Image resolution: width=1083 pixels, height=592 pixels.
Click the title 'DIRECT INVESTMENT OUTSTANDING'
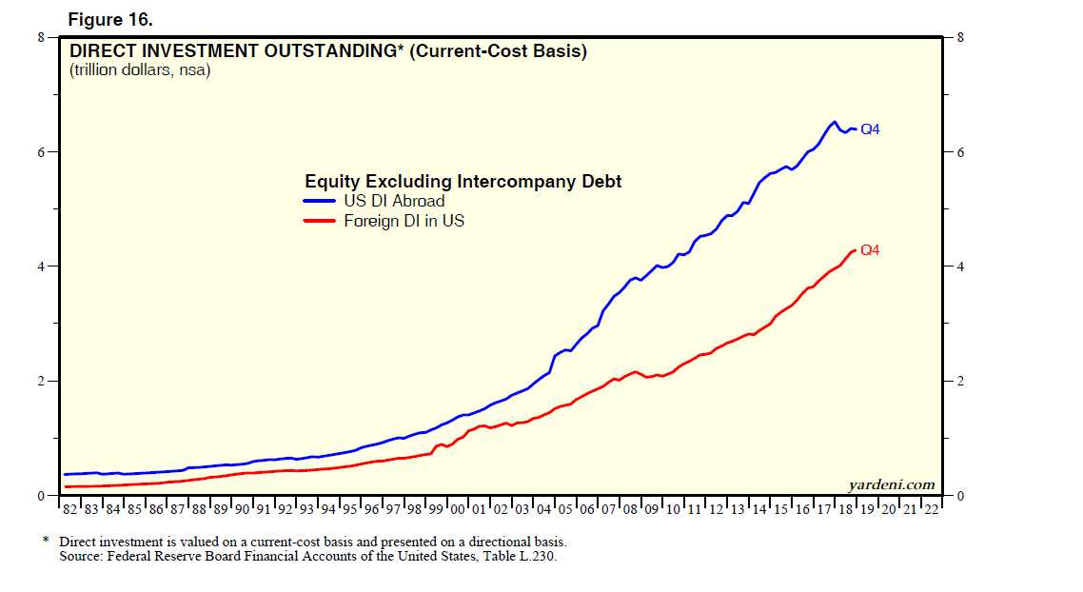[228, 51]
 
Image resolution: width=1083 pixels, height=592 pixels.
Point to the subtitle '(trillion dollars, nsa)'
[139, 69]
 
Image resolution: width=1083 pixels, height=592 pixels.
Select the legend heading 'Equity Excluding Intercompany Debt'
[463, 181]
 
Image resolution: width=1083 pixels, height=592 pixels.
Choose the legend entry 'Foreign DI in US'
[404, 221]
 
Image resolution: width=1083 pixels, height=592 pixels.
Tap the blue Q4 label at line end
[870, 129]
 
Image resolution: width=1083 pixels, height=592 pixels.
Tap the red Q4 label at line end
[869, 251]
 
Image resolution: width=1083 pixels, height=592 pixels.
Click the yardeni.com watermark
[891, 484]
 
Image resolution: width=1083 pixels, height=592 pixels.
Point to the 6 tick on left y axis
[42, 152]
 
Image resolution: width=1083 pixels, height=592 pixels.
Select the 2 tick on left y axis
[42, 382]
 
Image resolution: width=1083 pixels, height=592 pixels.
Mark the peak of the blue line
[835, 122]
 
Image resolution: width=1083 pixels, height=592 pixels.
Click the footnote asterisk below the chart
[45, 540]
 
